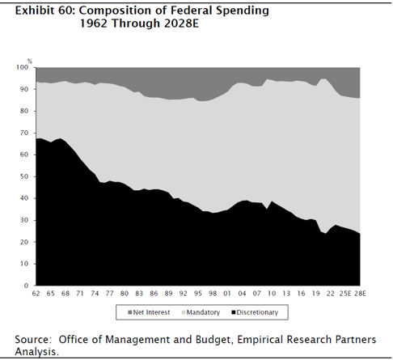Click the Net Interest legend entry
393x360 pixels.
[149, 312]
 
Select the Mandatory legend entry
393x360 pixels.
[201, 312]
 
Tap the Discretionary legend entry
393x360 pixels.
[255, 312]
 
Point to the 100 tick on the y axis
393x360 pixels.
[23, 67]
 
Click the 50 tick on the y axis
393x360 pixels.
[24, 176]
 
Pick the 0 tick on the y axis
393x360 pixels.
[26, 286]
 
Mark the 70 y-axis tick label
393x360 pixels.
[24, 133]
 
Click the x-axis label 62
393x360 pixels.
[36, 294]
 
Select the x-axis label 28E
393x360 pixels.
[360, 294]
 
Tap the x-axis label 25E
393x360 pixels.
[345, 294]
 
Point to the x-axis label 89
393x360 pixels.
[168, 294]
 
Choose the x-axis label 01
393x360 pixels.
[227, 294]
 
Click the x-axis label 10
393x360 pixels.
[272, 294]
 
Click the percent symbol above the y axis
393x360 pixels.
[30, 61]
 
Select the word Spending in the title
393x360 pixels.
[243, 11]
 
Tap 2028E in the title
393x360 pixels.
[181, 23]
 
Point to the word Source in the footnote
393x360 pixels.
[32, 340]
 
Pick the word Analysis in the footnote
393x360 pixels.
[36, 352]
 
